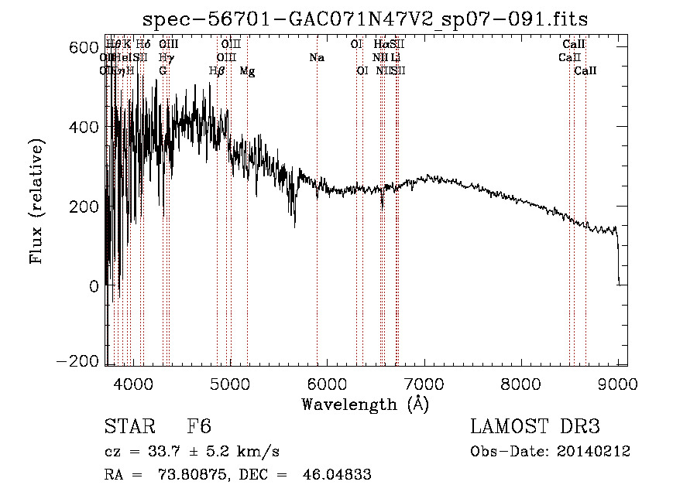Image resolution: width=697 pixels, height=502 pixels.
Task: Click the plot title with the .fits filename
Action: tap(366, 20)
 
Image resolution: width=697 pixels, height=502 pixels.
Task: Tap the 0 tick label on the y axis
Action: tap(94, 285)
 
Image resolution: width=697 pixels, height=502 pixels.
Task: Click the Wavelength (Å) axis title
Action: tap(365, 404)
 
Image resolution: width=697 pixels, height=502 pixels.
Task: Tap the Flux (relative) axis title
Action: tap(36, 201)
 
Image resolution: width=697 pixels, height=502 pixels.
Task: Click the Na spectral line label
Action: tap(316, 58)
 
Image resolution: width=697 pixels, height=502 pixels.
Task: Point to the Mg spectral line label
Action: tap(247, 71)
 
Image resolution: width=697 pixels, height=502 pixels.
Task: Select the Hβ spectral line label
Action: tap(217, 71)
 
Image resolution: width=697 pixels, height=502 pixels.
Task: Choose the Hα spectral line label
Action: tap(381, 45)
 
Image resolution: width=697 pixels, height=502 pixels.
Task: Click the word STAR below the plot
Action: tap(129, 427)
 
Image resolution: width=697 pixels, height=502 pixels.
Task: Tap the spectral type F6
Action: tap(199, 427)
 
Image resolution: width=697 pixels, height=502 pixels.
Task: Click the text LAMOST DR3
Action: tap(534, 427)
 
